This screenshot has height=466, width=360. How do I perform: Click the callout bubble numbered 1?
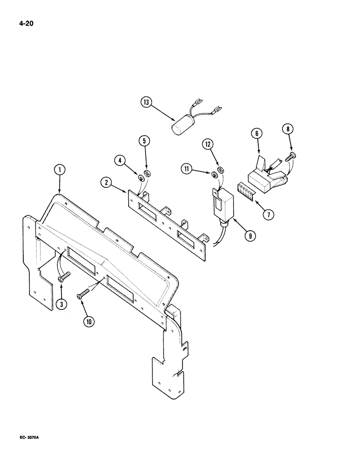tap(59, 171)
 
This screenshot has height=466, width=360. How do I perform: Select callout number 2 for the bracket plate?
tap(106, 183)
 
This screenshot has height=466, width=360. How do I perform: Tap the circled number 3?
tap(61, 304)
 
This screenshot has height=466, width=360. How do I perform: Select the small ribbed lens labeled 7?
tap(247, 192)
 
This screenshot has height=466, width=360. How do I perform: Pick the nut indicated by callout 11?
tap(214, 175)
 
